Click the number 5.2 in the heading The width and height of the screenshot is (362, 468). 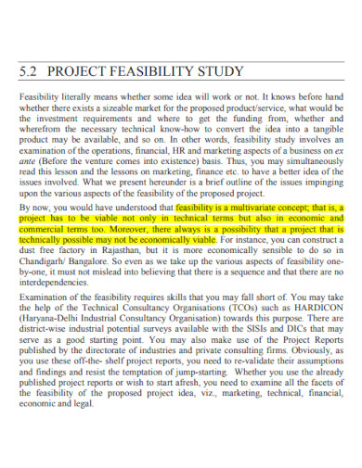(31, 70)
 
